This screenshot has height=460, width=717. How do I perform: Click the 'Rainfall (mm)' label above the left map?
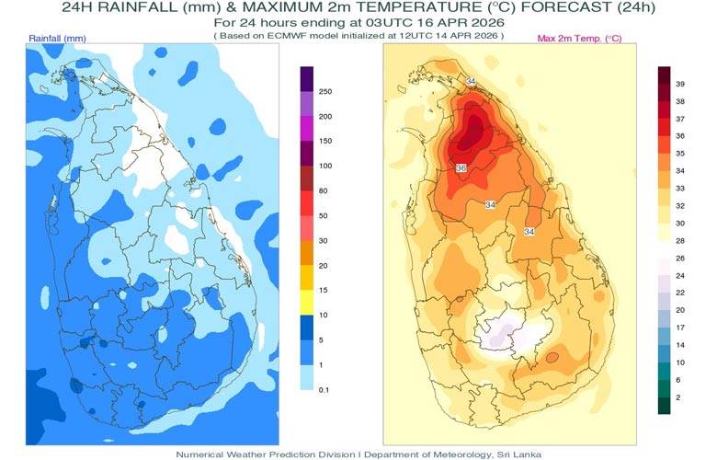[57, 39]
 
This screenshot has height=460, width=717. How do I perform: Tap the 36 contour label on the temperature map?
[461, 167]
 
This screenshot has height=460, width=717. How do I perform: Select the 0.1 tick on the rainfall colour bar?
[324, 389]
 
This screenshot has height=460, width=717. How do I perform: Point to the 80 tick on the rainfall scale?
[324, 190]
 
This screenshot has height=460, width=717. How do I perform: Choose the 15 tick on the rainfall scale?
[324, 290]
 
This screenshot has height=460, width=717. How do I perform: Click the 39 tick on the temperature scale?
[681, 84]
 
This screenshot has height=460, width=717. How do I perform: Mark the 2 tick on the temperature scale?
[678, 397]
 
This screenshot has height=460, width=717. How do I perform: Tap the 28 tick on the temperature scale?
[681, 239]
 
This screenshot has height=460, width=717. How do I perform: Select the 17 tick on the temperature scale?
[681, 328]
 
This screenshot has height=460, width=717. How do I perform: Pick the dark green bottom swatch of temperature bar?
[664, 405]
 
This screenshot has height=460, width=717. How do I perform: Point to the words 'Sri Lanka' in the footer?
[521, 454]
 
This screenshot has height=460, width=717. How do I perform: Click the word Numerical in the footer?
[203, 454]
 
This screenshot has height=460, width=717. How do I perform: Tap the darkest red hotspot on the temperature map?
[473, 129]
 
